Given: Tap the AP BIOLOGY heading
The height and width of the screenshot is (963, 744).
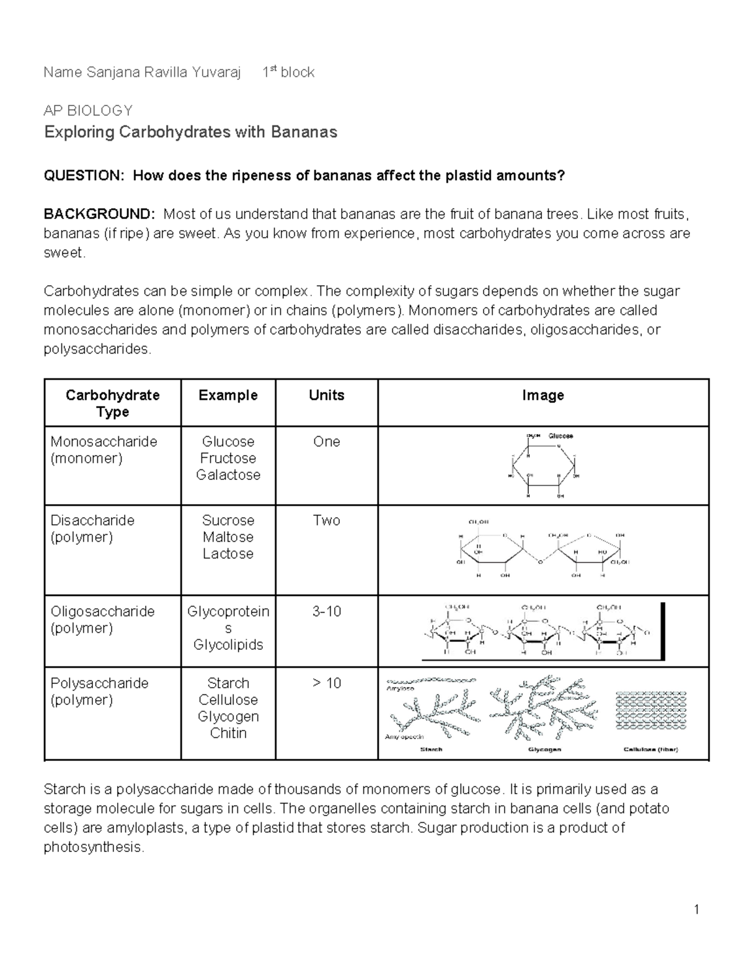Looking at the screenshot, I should tap(88, 111).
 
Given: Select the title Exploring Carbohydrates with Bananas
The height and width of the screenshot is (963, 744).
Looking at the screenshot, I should tap(190, 132).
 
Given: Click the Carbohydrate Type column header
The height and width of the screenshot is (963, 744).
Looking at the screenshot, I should tap(112, 403).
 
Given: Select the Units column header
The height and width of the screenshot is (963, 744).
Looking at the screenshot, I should tap(326, 396).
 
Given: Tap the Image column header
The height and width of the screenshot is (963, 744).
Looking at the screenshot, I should tap(542, 396).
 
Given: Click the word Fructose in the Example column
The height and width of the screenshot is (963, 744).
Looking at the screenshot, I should tap(228, 458).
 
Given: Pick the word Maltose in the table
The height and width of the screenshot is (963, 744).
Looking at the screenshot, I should tap(228, 537).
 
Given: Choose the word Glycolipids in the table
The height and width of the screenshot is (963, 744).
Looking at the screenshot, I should tap(228, 645).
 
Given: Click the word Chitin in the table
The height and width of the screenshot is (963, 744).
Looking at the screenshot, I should tap(228, 733).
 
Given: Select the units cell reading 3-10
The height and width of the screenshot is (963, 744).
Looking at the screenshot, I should tap(326, 611).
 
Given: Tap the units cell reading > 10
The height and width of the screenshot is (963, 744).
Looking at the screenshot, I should tap(326, 683).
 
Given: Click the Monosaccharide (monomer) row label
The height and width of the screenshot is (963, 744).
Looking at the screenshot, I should tap(104, 450).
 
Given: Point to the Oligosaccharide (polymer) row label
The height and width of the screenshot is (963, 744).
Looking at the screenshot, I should tap(102, 619).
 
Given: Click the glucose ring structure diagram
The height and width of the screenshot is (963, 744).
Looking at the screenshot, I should tap(544, 465).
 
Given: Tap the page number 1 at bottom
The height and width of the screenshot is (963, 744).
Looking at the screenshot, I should tap(697, 910).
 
